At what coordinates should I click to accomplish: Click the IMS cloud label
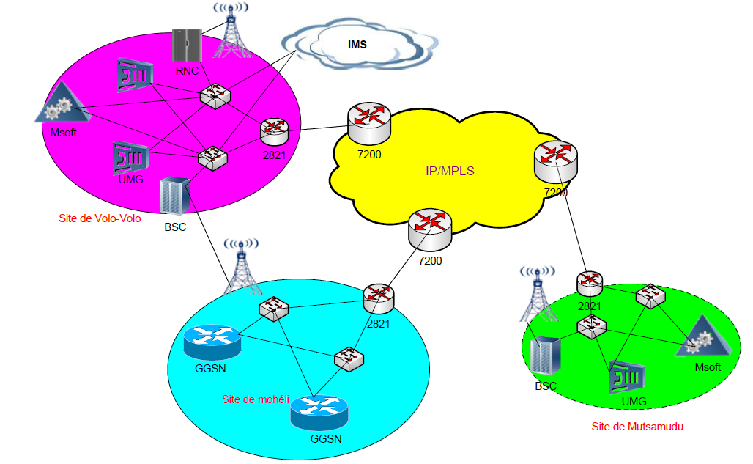coord(356,45)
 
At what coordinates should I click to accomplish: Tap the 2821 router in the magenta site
coord(275,130)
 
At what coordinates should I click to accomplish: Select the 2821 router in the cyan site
coord(379,297)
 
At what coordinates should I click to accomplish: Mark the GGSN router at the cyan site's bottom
coord(319,413)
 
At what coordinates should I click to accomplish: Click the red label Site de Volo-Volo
coord(100,218)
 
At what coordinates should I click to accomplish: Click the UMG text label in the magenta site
coord(130,179)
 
